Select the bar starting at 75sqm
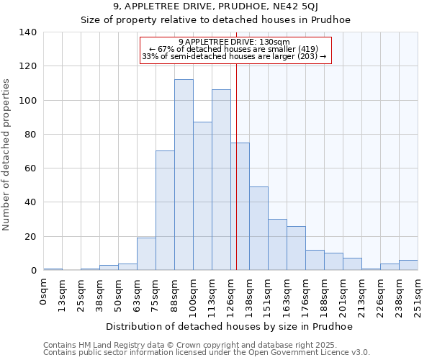(x=165, y=210)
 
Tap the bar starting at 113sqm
(x=221, y=180)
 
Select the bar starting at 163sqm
(x=296, y=248)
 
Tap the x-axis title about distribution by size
(x=229, y=326)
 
